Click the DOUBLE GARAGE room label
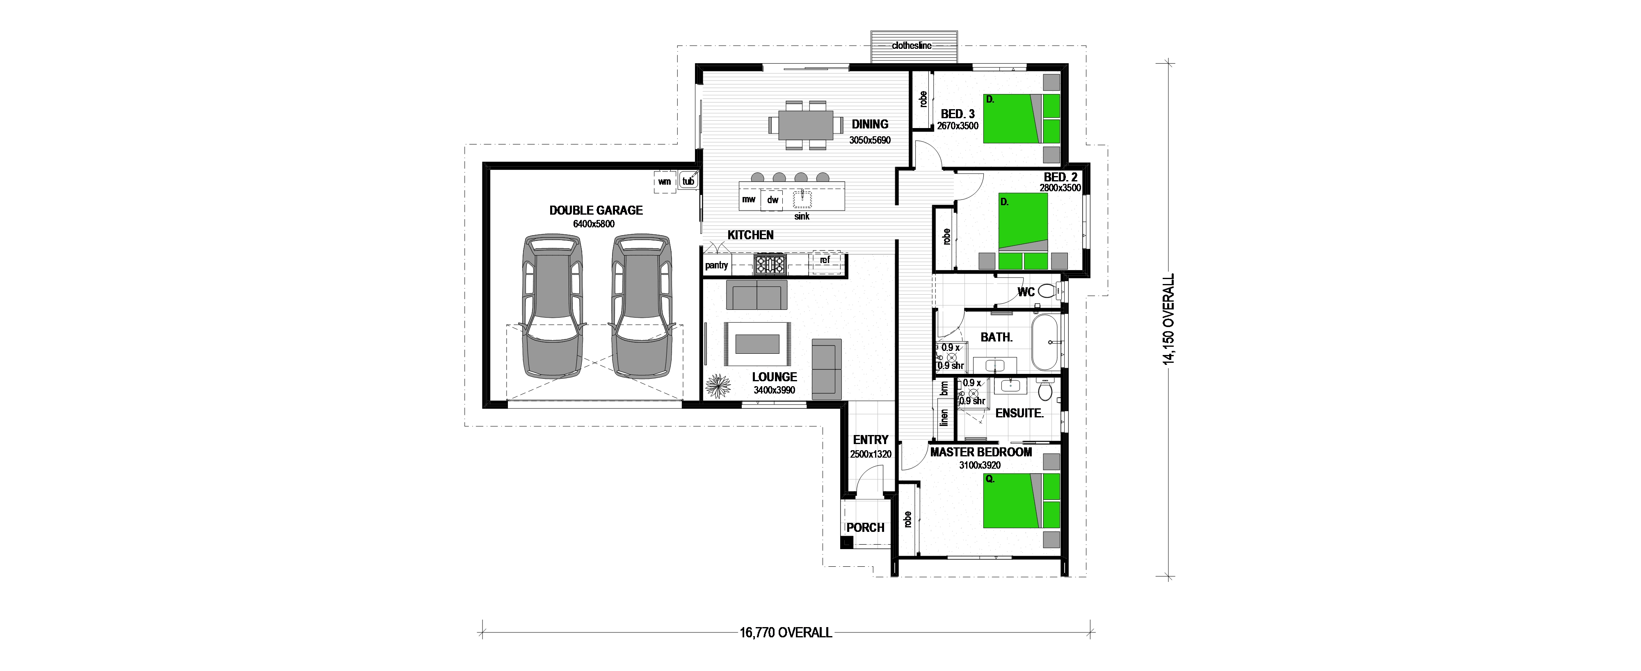(596, 210)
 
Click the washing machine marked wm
(665, 182)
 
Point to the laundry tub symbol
(688, 181)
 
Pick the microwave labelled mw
(749, 199)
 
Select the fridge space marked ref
(825, 260)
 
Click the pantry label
(717, 265)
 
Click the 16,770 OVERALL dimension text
(786, 650)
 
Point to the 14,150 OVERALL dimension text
(1168, 320)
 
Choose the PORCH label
(866, 528)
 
